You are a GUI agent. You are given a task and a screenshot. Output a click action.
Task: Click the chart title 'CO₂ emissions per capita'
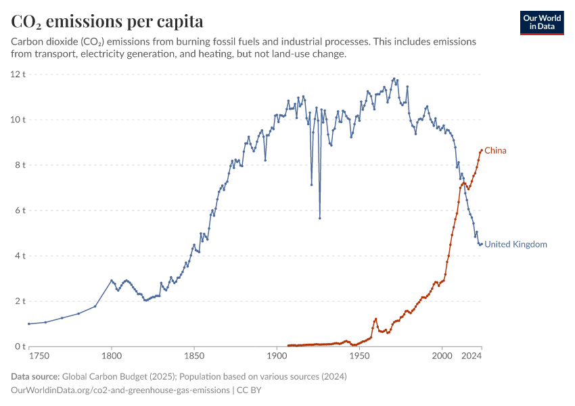tap(107, 22)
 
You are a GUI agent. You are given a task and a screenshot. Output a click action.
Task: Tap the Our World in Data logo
tap(541, 22)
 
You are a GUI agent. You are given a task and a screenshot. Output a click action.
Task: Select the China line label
tap(495, 150)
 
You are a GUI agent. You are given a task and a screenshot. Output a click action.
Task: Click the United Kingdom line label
tap(515, 244)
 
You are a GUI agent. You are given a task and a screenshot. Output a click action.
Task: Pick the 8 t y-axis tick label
tap(19, 165)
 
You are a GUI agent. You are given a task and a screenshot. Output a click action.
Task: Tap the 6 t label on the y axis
tap(19, 210)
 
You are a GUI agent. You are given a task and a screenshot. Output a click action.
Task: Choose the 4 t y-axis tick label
tap(19, 256)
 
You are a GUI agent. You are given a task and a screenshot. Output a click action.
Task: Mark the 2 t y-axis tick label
tap(19, 301)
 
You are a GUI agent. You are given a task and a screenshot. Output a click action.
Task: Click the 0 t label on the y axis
tap(19, 346)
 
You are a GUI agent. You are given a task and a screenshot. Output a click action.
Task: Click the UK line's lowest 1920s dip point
tap(319, 218)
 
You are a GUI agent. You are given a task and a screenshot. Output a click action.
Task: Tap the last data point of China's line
tap(481, 150)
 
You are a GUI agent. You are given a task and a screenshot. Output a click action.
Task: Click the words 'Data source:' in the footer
tap(35, 376)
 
